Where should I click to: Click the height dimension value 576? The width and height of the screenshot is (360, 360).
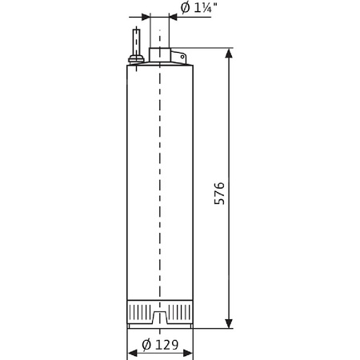220,195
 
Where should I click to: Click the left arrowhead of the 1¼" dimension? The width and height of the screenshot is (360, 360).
145,17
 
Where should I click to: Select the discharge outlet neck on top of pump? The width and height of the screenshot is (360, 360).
160,56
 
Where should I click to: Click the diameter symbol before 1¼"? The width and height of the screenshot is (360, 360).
186,8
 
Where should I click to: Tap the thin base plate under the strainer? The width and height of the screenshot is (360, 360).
160,326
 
